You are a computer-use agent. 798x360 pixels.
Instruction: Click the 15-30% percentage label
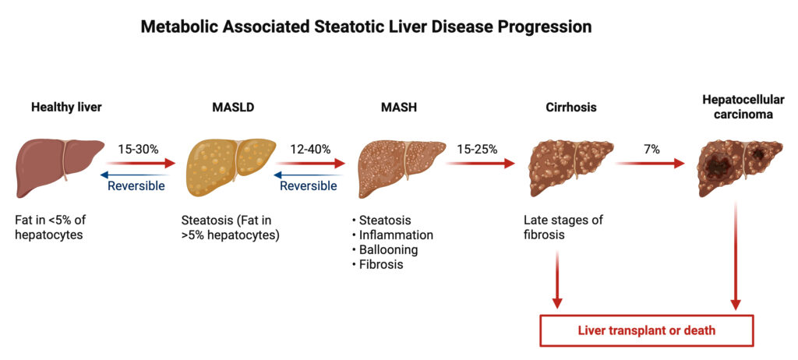(139, 149)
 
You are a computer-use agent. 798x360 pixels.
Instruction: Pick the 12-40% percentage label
(310, 149)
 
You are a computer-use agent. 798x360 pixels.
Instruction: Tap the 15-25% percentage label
(477, 149)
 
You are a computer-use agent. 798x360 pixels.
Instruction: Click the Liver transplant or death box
(646, 330)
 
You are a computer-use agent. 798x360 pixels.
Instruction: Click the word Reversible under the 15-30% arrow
(136, 186)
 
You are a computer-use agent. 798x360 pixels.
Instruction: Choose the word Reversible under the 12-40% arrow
(309, 186)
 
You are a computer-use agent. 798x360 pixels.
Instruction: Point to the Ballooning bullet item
(384, 250)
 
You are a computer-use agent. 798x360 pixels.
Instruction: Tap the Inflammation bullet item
(392, 235)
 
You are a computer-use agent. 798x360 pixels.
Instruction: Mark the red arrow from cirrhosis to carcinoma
(649, 164)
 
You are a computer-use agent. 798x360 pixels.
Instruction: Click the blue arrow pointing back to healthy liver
(132, 175)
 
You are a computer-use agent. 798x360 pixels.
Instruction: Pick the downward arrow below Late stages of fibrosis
(557, 280)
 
